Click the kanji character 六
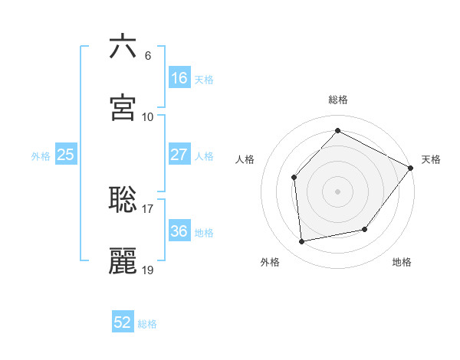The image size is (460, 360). [123, 47]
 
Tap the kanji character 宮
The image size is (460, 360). [123, 108]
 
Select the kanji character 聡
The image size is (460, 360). [123, 199]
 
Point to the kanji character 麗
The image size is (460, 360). [123, 260]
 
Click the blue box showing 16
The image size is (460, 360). [179, 78]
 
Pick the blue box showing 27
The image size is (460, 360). [179, 155]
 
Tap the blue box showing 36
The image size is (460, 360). [179, 231]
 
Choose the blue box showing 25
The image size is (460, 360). [65, 155]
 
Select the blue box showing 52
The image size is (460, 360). [123, 322]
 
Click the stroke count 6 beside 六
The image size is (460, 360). [147, 55]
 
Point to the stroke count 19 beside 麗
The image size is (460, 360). [148, 270]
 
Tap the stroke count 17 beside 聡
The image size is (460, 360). [148, 208]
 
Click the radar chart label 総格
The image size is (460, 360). [338, 100]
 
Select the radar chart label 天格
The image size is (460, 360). [431, 159]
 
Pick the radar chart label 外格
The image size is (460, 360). [270, 262]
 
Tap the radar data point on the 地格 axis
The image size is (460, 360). [365, 229]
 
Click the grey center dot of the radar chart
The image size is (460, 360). [337, 191]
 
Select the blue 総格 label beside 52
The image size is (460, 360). [147, 324]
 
